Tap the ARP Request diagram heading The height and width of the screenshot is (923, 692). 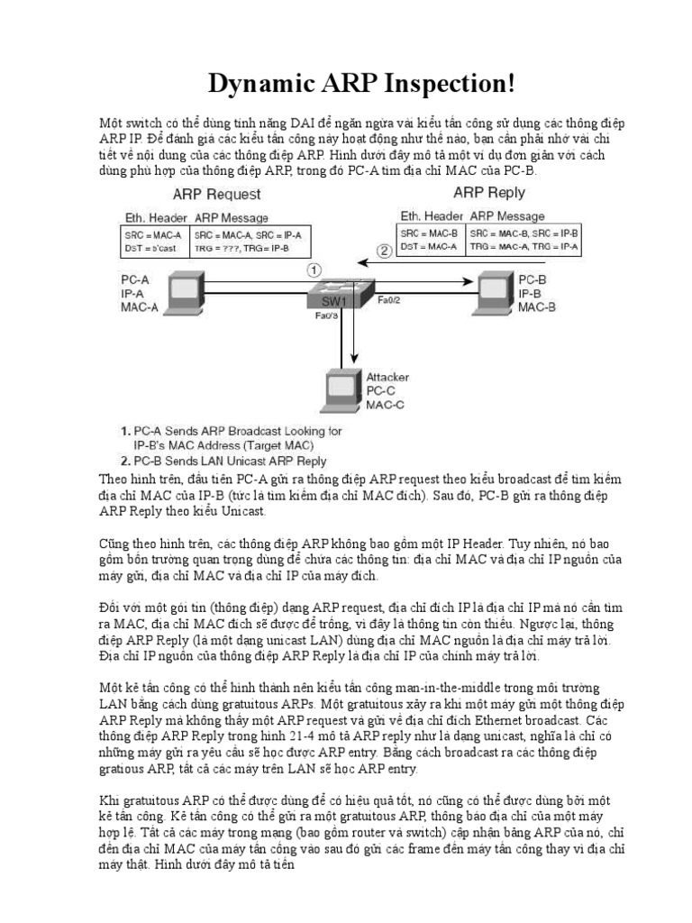click(x=217, y=195)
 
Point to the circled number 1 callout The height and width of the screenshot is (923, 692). click(x=314, y=268)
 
